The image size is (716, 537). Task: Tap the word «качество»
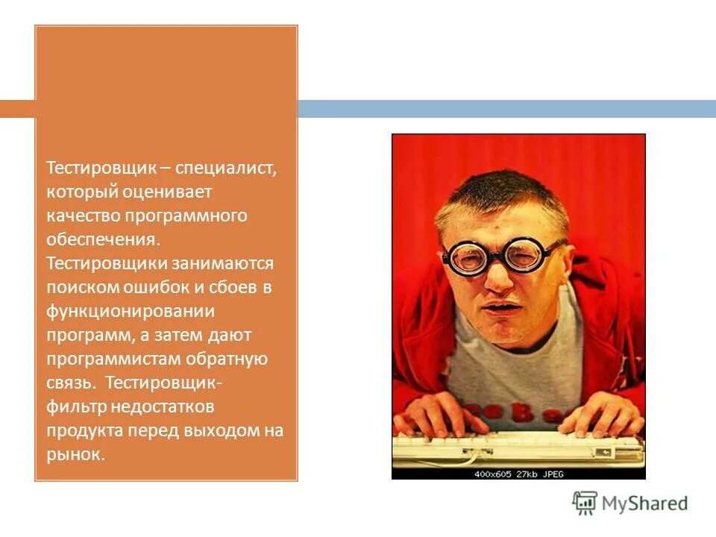coord(81,216)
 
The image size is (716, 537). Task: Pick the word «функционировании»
coord(131,311)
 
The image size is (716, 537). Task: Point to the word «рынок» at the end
coord(73,454)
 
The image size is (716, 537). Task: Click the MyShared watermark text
coord(644,503)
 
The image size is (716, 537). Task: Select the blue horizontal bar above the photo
coord(507,109)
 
